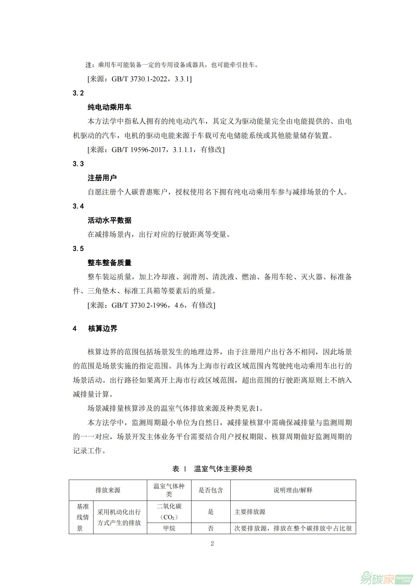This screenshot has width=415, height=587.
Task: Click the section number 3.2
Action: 78,93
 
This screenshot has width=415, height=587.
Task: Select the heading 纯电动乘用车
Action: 109,107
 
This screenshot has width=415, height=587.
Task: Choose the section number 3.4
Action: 78,206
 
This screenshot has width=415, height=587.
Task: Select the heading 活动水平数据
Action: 109,220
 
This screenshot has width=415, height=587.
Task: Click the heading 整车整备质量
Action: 109,263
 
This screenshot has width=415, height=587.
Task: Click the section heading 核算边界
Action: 102,329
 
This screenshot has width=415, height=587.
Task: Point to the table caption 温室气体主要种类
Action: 223,469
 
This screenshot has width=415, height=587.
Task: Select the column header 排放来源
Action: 108,490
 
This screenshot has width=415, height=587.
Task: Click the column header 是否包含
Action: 211,490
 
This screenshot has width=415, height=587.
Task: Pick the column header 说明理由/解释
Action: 293,490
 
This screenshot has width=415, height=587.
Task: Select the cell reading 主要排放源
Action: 250,511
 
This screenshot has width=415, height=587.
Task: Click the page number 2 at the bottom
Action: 212,543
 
